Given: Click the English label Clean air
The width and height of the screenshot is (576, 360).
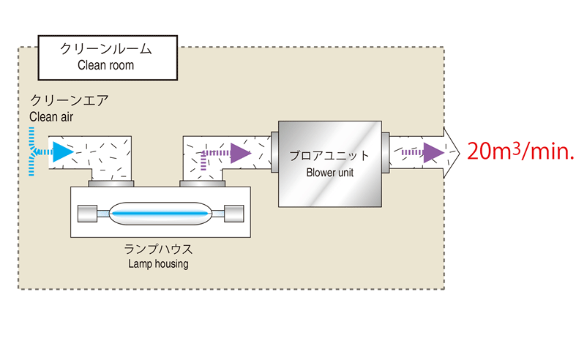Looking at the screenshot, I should (x=51, y=116).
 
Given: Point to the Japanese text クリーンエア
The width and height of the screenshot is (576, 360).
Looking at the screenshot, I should (x=69, y=101).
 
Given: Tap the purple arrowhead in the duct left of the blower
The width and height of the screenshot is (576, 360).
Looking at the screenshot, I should (x=240, y=153).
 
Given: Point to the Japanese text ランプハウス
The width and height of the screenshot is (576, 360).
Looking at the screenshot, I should (x=160, y=249).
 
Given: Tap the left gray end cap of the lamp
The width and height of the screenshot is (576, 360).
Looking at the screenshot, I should (x=87, y=214).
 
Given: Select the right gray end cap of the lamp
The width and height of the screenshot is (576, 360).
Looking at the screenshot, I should (x=233, y=214).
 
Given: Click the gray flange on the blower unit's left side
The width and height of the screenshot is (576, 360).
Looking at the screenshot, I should (x=274, y=152).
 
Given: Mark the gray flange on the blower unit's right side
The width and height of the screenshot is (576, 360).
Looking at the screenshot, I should (x=385, y=152).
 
